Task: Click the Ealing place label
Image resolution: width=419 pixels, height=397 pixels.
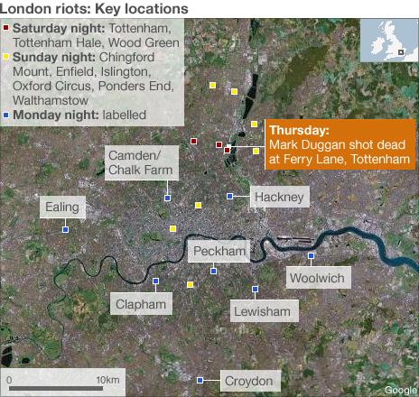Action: coord(63,208)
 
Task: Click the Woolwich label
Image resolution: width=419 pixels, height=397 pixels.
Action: coord(316,278)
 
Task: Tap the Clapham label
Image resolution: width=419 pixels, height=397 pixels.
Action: coord(142,304)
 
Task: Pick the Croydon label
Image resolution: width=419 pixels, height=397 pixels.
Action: coord(247,382)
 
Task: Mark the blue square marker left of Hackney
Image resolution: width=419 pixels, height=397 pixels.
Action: coord(230,196)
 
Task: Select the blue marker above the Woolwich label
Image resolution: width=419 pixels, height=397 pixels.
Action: coord(311,255)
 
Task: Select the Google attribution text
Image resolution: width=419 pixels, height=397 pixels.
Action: coord(400,390)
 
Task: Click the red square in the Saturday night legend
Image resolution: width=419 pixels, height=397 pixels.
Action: coord(7,29)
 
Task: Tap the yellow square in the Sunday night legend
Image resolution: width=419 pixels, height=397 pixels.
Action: coord(7,57)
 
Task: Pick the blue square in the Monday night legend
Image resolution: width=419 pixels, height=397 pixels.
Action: coord(7,115)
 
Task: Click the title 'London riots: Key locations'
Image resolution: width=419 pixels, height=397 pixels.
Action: coord(95,8)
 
